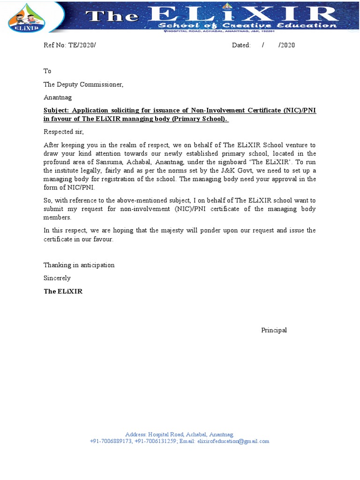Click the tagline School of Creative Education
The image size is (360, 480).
(x=247, y=25)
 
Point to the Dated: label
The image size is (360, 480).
(x=241, y=45)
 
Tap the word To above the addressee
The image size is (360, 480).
(x=47, y=71)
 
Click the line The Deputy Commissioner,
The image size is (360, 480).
(x=83, y=84)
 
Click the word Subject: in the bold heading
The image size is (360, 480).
(x=56, y=111)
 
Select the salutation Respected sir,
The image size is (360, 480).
(x=63, y=132)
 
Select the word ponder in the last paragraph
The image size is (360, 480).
(x=209, y=231)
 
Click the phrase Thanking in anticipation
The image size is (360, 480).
(x=79, y=265)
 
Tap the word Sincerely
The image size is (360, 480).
(x=57, y=278)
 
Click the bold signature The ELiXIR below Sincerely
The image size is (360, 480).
(x=63, y=291)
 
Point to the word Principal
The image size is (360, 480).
(x=274, y=330)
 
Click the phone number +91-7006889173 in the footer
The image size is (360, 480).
(x=111, y=442)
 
